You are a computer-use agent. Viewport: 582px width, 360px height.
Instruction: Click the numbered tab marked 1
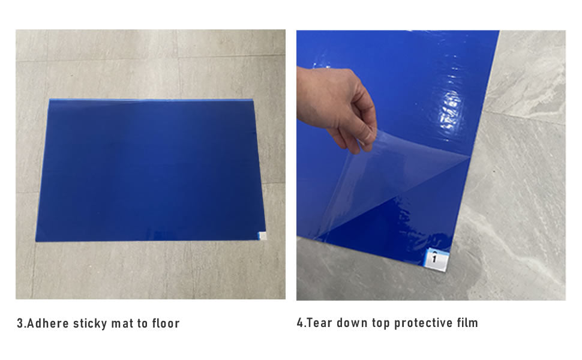pos(436,259)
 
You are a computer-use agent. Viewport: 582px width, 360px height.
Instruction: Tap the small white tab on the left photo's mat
pos(262,236)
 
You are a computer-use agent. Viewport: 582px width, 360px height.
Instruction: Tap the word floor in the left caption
pos(166,323)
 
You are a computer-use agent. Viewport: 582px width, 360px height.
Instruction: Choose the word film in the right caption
pos(467,323)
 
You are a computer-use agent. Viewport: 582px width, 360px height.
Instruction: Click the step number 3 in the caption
pos(20,323)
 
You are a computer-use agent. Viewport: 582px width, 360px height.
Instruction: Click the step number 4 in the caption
pos(300,323)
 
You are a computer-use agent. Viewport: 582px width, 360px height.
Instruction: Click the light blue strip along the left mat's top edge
pos(151,100)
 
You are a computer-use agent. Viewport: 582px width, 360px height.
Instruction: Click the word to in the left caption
pos(143,324)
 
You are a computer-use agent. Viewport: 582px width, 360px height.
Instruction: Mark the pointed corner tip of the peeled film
pos(470,158)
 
